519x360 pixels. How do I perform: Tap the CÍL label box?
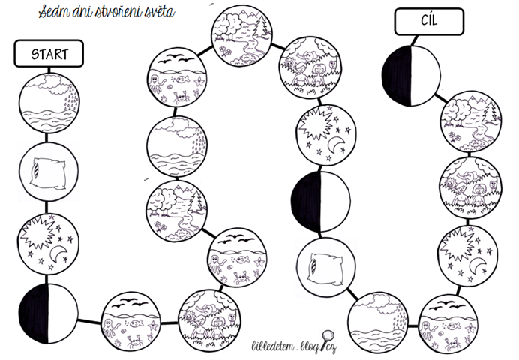(x=418, y=22)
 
